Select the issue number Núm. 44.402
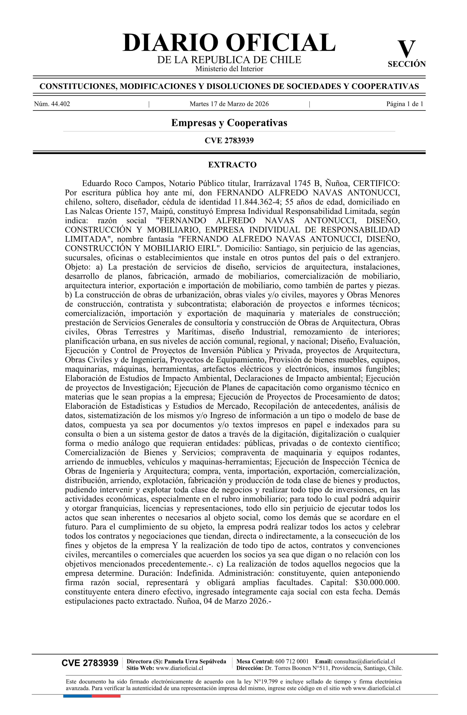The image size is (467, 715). point(52,104)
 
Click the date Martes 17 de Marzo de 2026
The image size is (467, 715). point(229,104)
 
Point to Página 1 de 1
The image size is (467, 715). point(405,104)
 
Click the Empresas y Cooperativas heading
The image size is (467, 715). point(229,123)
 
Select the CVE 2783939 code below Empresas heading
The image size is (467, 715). point(229,140)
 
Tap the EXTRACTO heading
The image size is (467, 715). point(232,165)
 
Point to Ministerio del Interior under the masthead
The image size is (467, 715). point(229,69)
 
